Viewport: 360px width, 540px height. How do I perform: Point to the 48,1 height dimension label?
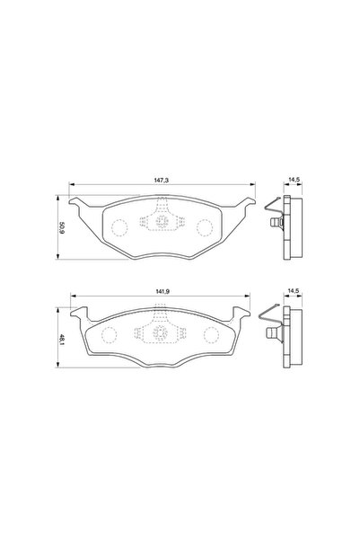59,340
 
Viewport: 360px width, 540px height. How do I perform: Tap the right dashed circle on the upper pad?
206,226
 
